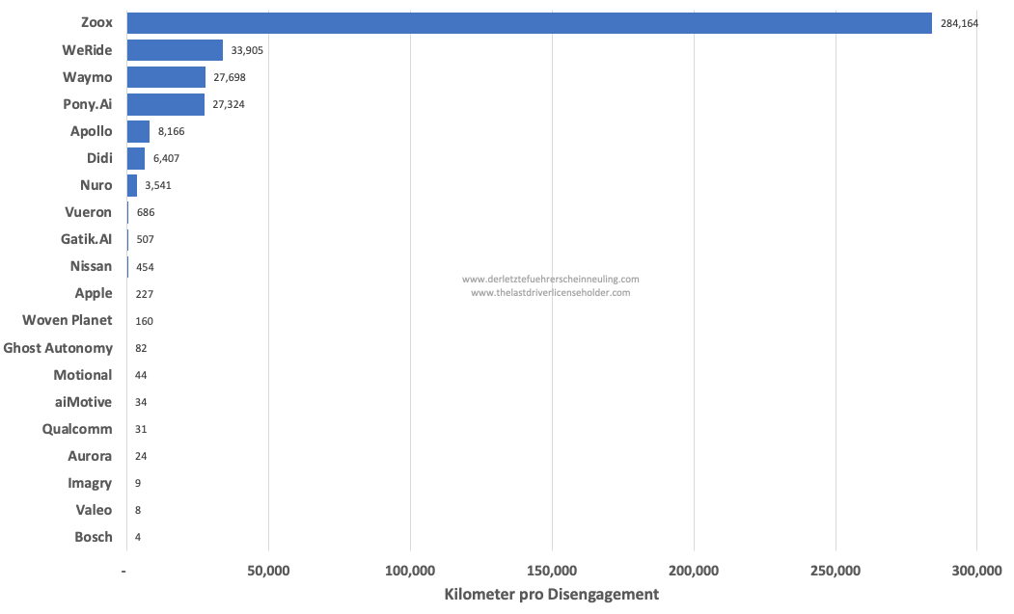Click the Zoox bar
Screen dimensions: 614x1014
pos(529,23)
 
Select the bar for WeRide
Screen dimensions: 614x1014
pos(175,50)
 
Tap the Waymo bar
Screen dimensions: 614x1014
pos(166,77)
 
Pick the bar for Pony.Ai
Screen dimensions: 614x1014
pos(165,104)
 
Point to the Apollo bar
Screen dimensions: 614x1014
pos(138,131)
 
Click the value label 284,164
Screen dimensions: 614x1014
pos(959,23)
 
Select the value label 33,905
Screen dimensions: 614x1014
pos(247,50)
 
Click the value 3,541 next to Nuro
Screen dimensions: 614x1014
pos(158,185)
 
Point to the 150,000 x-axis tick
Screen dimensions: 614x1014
pos(552,572)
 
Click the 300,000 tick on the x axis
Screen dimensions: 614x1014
pos(976,572)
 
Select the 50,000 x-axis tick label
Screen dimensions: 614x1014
pos(268,572)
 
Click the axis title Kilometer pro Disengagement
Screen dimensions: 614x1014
pos(551,595)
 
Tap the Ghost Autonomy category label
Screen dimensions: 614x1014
pos(58,348)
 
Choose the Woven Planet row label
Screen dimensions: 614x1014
pos(68,320)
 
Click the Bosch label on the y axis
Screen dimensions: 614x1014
pos(94,537)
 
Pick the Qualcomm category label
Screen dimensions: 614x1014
pos(77,429)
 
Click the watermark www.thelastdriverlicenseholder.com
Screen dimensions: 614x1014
pos(550,293)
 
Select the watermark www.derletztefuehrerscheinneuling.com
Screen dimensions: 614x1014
pos(550,280)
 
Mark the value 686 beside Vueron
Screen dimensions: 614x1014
pos(146,212)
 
